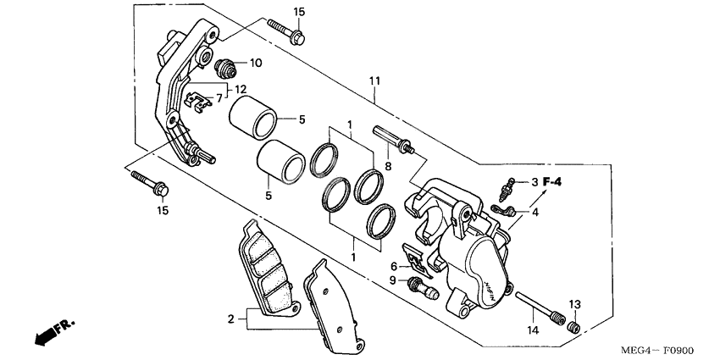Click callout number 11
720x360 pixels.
pos(374,80)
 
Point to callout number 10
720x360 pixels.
pos(255,63)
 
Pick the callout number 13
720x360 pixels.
pos(573,304)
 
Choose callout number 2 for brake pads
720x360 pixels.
pos(230,319)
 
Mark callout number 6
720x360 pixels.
pos(394,265)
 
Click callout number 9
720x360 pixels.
pos(393,280)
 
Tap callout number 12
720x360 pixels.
pos(241,89)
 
